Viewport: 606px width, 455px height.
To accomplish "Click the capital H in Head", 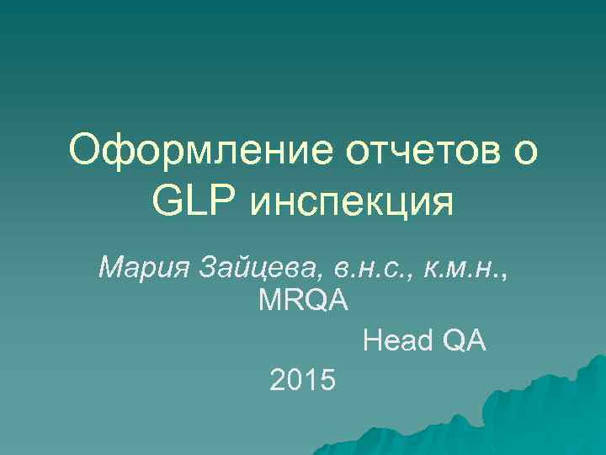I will coord(371,342).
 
